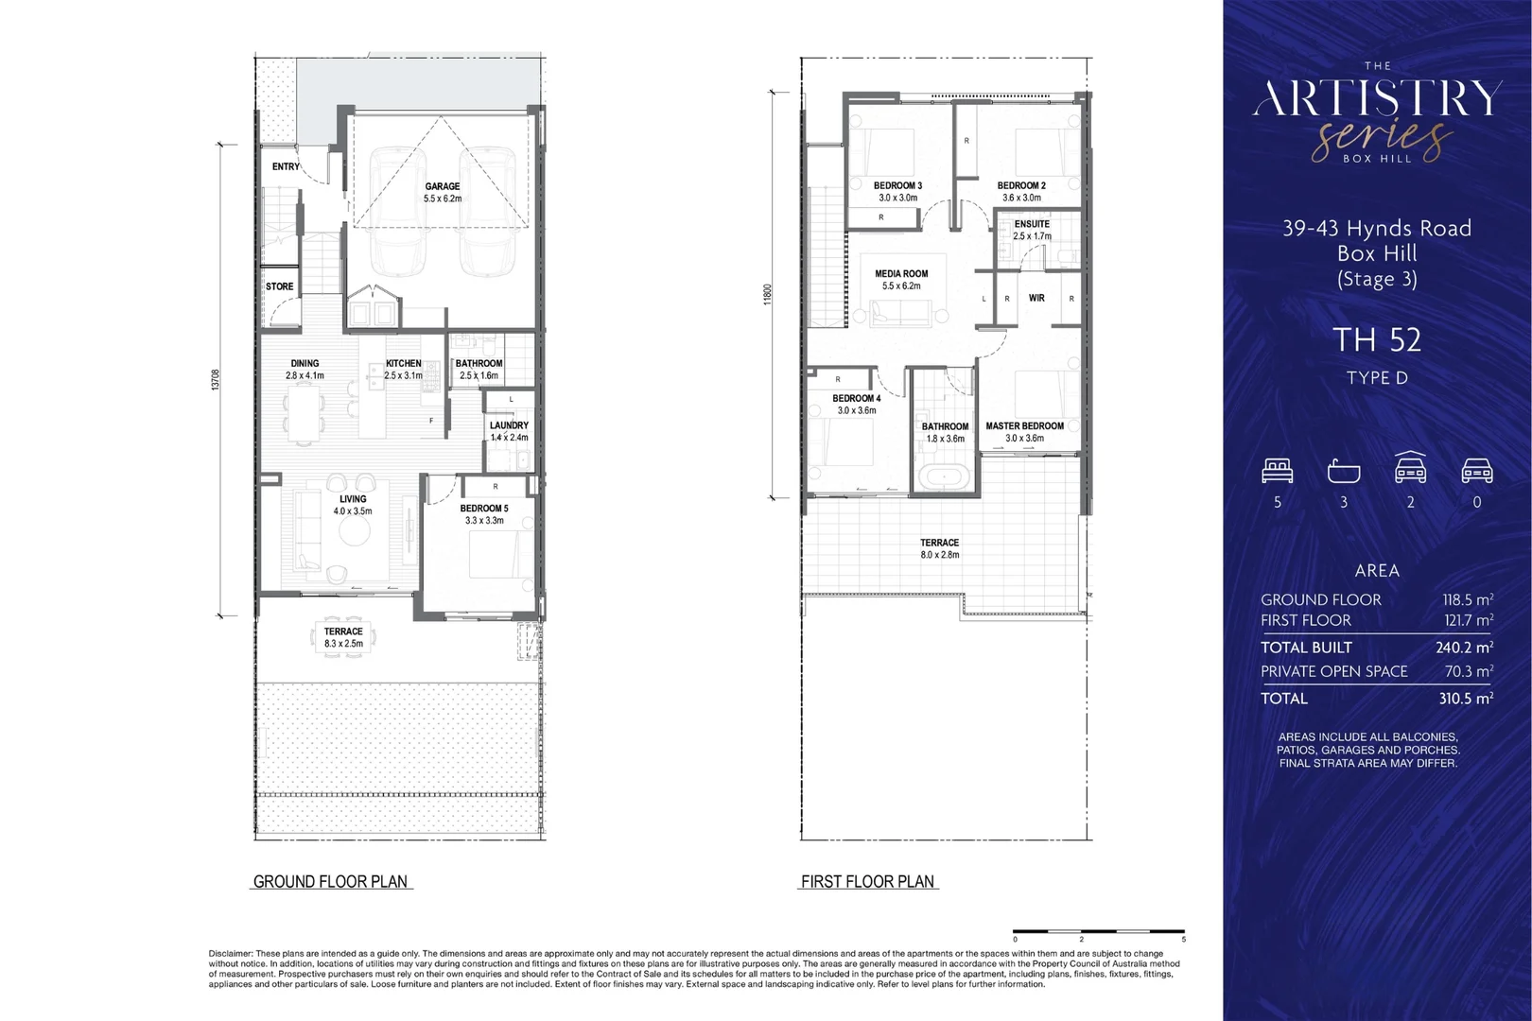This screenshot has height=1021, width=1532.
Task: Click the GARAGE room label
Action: coord(443,186)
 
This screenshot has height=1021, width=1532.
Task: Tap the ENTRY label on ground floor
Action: coord(286,166)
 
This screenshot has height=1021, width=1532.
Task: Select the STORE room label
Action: coord(279,286)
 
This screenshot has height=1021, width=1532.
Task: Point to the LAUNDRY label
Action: coord(509,425)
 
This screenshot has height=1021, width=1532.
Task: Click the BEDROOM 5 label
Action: coord(484,509)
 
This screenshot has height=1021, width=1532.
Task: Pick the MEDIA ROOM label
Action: coord(901,274)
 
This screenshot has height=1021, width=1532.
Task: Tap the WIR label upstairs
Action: coord(1036,298)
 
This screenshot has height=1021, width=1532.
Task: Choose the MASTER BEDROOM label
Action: coord(1024,426)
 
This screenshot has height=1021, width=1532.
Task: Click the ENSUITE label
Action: coord(1032,224)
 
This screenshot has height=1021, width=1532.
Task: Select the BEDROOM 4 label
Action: coord(857,399)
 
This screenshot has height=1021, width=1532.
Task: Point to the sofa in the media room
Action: coord(901,311)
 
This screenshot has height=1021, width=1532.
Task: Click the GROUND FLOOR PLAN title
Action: coord(330,882)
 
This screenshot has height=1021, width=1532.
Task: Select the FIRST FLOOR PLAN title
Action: coord(867,882)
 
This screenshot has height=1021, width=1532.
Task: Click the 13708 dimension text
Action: coord(216,380)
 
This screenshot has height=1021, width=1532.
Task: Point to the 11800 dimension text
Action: coord(768,294)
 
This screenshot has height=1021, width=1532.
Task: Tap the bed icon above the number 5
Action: coord(1278,470)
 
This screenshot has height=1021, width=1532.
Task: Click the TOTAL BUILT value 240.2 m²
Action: coord(1464,648)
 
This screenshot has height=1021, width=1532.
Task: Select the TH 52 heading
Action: coord(1377,339)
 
